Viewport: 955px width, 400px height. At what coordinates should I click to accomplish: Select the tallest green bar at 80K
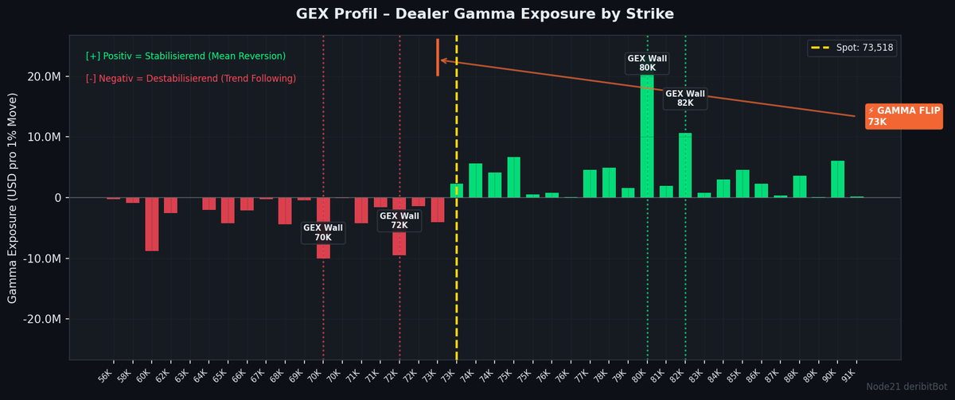(647, 136)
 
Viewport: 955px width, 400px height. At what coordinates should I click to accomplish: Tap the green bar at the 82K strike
(685, 165)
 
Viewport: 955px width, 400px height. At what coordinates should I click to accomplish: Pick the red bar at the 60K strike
(152, 224)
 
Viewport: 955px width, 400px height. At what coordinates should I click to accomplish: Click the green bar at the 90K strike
(838, 179)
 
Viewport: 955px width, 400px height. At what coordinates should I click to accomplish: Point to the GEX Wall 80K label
(647, 63)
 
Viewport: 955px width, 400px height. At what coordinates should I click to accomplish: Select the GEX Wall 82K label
(685, 99)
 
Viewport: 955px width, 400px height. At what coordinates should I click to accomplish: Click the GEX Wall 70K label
(323, 232)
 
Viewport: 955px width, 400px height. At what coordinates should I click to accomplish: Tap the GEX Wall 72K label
(400, 220)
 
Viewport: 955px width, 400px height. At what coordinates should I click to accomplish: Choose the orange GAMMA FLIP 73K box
(904, 116)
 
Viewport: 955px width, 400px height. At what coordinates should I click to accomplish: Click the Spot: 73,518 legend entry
(852, 48)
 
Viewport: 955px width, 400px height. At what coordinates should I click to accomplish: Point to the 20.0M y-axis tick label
(45, 76)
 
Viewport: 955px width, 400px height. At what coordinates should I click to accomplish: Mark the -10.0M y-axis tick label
(41, 258)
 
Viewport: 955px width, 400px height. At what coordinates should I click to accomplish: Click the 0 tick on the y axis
(58, 198)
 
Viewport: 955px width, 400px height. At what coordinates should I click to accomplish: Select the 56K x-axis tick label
(105, 376)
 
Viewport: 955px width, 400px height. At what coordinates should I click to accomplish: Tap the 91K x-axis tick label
(848, 376)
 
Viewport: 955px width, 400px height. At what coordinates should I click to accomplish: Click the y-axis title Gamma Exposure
(12, 198)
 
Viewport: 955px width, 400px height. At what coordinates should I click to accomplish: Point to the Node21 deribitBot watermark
(906, 386)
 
